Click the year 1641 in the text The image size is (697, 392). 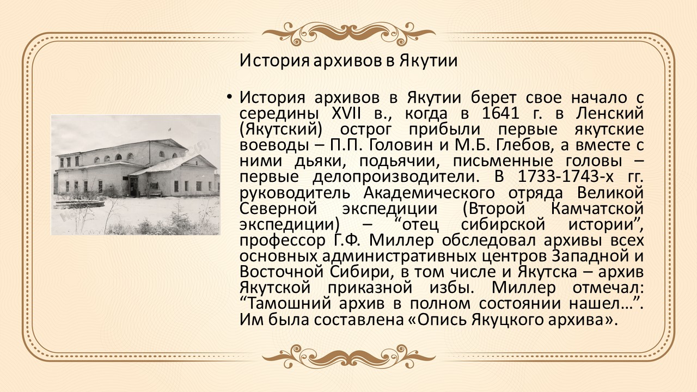pos(500,114)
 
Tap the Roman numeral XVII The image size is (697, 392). pos(346,114)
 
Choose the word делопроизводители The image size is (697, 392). pos(394,177)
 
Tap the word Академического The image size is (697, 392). pos(429,193)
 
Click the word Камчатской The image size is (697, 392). pos(597,209)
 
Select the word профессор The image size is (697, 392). pos(282,241)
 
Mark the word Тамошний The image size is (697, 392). pos(289,304)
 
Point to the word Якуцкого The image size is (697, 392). pos(506,320)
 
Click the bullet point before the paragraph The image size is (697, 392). pos(229,97)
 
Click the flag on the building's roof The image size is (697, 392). pos(169,129)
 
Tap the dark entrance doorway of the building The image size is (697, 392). pos(133,186)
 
